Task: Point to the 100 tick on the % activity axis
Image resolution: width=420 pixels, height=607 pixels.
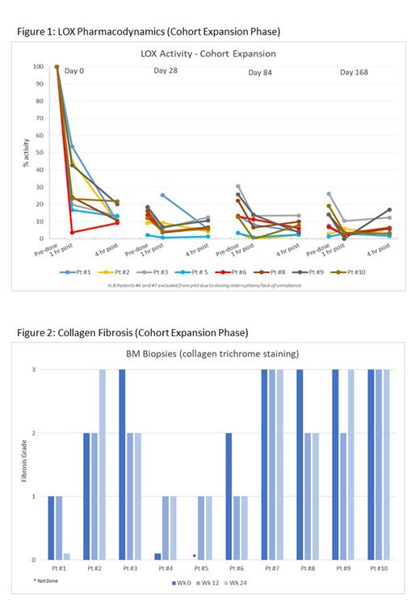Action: pos(38,66)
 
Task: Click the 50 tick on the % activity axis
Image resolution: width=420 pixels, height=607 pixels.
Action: pos(40,153)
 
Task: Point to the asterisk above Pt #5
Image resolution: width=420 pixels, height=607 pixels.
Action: pos(194,556)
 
